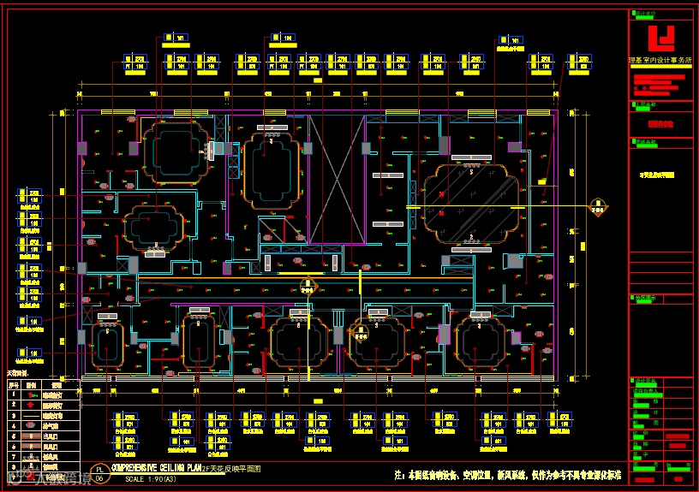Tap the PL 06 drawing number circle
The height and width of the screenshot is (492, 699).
coord(99,474)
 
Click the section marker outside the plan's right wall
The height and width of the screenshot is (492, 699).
coord(599,207)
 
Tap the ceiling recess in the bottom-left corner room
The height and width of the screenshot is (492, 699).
coord(107,344)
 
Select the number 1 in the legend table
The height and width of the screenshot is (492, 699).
coord(12,395)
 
